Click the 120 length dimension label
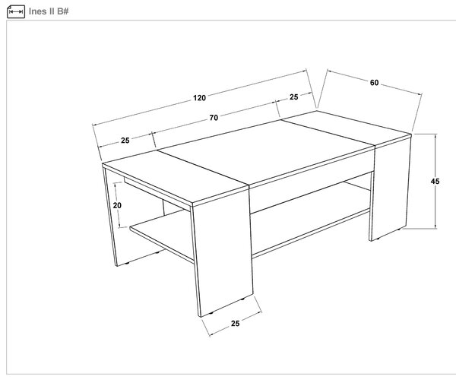click(x=199, y=98)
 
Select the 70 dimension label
click(x=214, y=118)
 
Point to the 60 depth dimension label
click(x=374, y=83)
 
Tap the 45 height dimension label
click(x=435, y=182)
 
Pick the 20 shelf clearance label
click(x=117, y=205)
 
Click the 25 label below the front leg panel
click(x=236, y=324)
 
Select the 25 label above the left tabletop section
click(x=125, y=141)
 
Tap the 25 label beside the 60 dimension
click(x=293, y=97)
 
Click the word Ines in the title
click(x=37, y=11)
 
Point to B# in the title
click(x=62, y=11)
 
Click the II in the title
click(x=52, y=11)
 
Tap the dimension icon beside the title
click(x=16, y=11)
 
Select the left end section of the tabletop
click(x=175, y=176)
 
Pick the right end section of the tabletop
click(x=346, y=127)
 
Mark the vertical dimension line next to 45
click(x=435, y=182)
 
